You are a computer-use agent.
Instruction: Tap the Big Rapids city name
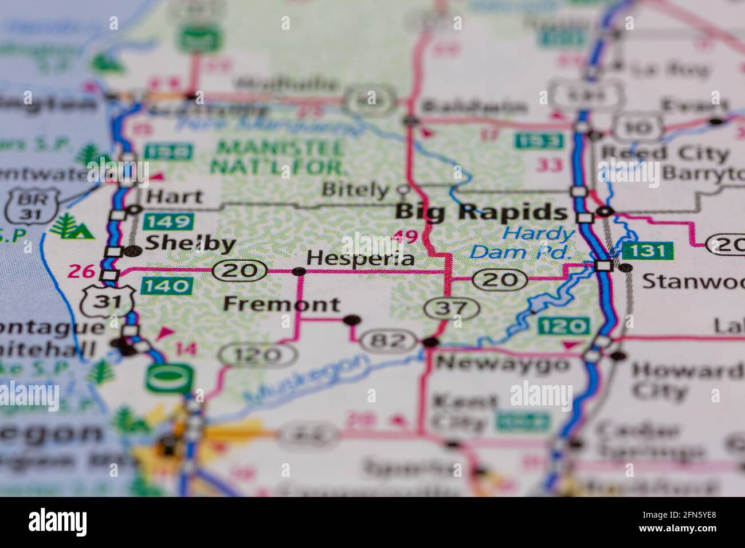coord(481,212)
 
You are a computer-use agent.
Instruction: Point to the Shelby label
coord(190,244)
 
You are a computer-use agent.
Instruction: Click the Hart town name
coord(174,197)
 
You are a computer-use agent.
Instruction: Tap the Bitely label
coord(355,189)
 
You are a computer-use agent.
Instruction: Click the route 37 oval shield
coord(452,308)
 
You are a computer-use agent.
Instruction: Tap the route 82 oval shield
coord(388,341)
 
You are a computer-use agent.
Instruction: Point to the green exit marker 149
coord(168,221)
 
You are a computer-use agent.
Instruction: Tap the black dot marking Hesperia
coord(299,271)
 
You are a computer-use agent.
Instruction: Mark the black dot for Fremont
coord(351,320)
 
